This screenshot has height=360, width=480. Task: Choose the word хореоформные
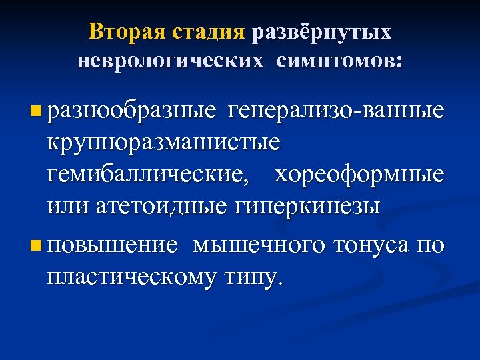click(x=359, y=175)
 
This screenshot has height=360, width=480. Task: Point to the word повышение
click(x=113, y=245)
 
